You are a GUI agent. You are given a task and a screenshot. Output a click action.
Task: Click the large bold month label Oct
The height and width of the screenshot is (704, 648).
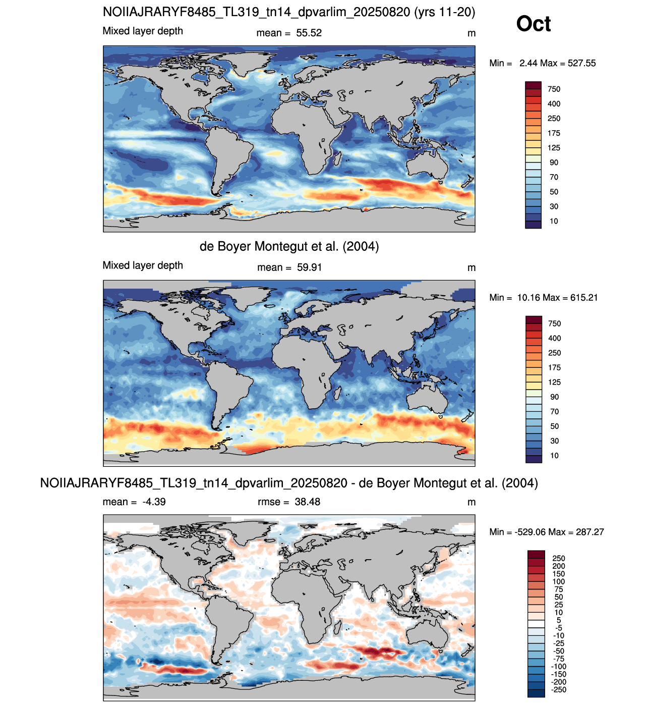[533, 24]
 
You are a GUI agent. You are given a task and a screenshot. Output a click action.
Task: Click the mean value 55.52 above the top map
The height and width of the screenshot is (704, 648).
[309, 33]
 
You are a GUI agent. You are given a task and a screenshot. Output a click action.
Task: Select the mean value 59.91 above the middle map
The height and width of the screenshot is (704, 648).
[310, 267]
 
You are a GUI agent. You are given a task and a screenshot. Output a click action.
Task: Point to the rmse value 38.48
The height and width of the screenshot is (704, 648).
[307, 502]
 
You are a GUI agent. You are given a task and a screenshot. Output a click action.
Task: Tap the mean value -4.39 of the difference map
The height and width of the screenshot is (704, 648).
[154, 502]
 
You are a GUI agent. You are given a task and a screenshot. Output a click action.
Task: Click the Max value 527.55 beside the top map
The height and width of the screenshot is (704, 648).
[582, 63]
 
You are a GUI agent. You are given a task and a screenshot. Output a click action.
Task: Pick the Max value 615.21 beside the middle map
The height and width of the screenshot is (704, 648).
[584, 298]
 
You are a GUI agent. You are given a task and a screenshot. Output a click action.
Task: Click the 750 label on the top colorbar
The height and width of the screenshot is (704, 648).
[554, 89]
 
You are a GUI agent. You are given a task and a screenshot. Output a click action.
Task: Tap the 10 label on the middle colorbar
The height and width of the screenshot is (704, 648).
[554, 456]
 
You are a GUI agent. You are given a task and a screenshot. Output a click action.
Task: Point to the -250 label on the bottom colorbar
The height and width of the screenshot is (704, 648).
[559, 689]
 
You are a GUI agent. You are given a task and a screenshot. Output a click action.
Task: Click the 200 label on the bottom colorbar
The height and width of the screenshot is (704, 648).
[559, 566]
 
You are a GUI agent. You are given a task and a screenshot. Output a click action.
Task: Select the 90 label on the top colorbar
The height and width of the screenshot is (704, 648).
[554, 163]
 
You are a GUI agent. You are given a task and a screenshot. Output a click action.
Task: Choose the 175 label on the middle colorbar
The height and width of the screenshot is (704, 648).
[555, 367]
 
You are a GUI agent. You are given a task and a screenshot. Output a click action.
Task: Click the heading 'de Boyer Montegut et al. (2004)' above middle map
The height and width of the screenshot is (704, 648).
[289, 246]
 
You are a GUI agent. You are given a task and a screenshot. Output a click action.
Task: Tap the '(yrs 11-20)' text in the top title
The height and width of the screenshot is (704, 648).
[444, 12]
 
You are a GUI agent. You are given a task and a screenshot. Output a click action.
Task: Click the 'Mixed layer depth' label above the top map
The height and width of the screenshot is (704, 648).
[143, 31]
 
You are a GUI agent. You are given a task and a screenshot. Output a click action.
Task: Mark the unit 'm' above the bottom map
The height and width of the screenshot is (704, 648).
[471, 502]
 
